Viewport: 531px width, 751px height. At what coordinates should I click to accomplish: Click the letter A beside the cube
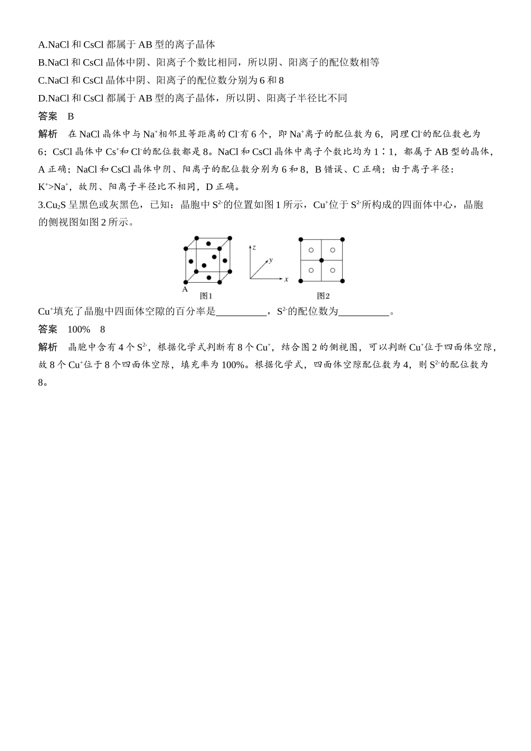[185, 289]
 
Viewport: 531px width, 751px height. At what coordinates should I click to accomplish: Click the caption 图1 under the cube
[206, 296]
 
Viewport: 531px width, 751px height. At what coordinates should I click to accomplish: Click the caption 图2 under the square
[323, 296]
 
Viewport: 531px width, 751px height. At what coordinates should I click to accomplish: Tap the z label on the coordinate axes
[254, 246]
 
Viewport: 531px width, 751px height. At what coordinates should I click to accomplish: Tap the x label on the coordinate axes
[286, 279]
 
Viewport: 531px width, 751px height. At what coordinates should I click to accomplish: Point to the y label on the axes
[271, 260]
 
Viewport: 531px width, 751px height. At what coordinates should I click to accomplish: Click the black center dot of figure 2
[321, 260]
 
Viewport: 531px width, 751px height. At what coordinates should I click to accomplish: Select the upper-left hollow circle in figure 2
[311, 250]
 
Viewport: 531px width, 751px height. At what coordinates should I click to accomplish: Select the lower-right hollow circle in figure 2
[333, 271]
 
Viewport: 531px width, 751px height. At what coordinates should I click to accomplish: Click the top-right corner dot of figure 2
[343, 239]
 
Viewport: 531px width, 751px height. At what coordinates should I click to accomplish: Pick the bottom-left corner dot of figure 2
[301, 281]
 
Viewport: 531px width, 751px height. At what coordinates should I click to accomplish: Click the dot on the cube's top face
[208, 244]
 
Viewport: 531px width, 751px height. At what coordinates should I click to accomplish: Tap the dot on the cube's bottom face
[209, 277]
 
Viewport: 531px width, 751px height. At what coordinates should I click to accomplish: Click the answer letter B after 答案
[70, 116]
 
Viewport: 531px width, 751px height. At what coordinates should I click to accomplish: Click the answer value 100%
[78, 329]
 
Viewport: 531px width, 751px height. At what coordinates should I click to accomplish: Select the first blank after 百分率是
[241, 312]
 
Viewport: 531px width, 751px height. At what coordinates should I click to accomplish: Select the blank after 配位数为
[363, 312]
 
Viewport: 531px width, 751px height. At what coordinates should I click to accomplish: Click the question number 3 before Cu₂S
[40, 205]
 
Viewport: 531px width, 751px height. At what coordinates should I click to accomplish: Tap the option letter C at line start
[41, 80]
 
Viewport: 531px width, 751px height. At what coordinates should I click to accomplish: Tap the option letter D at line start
[41, 98]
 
